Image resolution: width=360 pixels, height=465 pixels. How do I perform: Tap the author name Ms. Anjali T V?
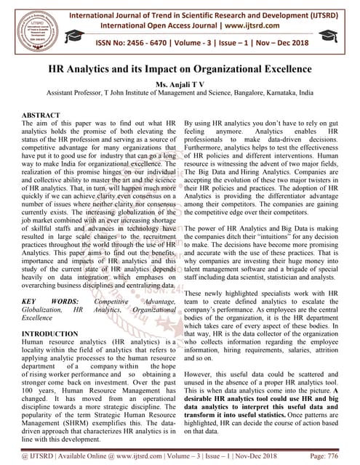(179, 84)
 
